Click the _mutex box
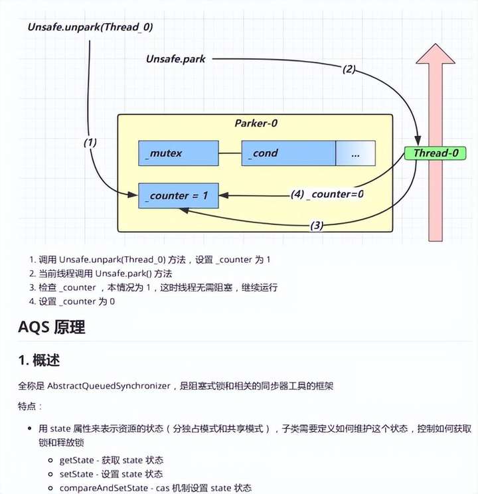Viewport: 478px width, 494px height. pos(178,153)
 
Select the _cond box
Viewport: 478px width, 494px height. pos(288,153)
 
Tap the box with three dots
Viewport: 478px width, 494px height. pos(355,153)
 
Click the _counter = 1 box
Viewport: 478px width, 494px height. pos(178,195)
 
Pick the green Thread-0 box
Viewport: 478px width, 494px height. pos(435,153)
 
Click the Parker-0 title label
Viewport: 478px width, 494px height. pos(256,123)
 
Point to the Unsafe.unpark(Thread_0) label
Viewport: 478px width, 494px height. pos(90,27)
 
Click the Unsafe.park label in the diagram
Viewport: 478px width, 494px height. pos(176,59)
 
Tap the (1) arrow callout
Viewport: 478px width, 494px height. pos(91,142)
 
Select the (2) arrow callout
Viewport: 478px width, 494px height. pos(350,68)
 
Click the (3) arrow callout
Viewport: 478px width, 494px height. pos(317,225)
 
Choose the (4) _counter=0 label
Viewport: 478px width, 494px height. pos(327,195)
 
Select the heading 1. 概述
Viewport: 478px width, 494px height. pos(40,360)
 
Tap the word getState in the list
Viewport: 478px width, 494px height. pos(74,459)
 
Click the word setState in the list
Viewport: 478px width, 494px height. pos(74,473)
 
